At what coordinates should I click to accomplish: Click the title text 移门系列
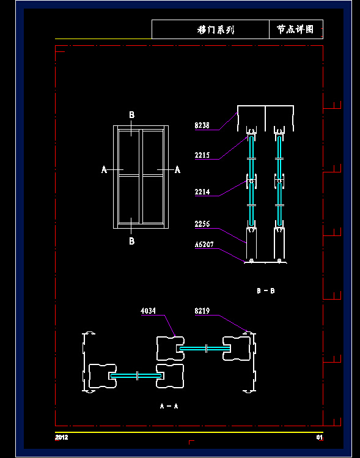click(x=216, y=29)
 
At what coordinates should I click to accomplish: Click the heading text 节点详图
click(x=295, y=29)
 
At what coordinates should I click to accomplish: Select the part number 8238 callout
click(x=202, y=125)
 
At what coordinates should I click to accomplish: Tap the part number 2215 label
click(x=202, y=155)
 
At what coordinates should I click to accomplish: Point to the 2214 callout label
click(x=202, y=192)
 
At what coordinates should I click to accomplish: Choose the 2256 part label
click(x=202, y=224)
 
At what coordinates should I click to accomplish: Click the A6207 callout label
click(x=204, y=245)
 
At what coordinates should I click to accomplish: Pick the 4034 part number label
click(x=148, y=311)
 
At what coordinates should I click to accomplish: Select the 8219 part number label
click(x=202, y=311)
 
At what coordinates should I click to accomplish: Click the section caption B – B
click(x=266, y=290)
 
